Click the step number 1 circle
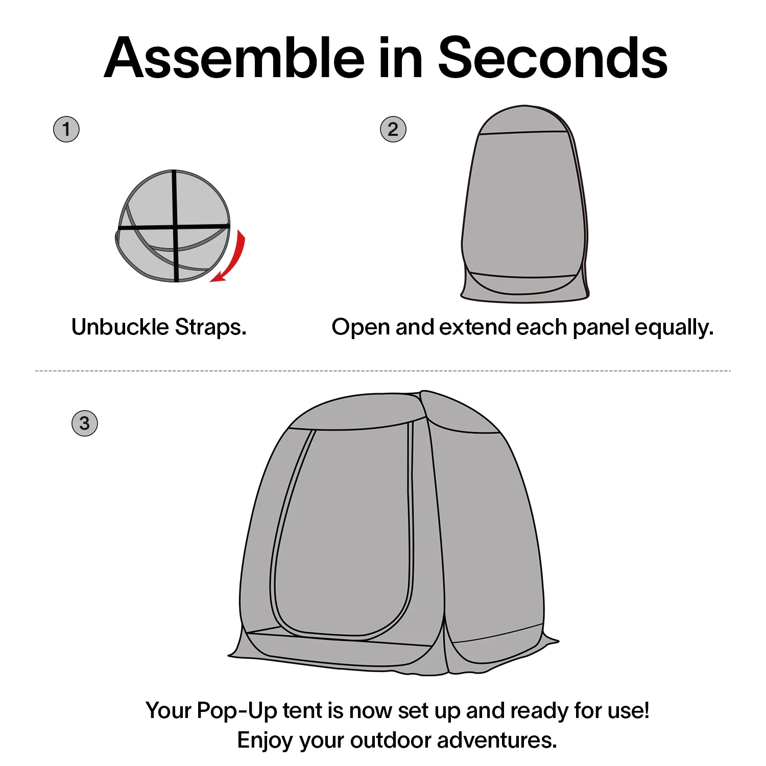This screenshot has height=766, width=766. (x=66, y=129)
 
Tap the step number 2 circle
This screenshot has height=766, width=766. (x=393, y=129)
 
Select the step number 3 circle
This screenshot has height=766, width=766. (x=85, y=423)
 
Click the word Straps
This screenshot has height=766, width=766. (x=211, y=327)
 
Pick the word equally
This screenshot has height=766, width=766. (x=674, y=328)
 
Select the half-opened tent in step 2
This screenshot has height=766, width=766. (x=524, y=204)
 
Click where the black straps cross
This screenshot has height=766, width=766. (x=175, y=226)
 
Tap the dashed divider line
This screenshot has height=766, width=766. (x=383, y=371)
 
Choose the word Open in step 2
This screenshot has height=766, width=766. (x=361, y=328)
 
